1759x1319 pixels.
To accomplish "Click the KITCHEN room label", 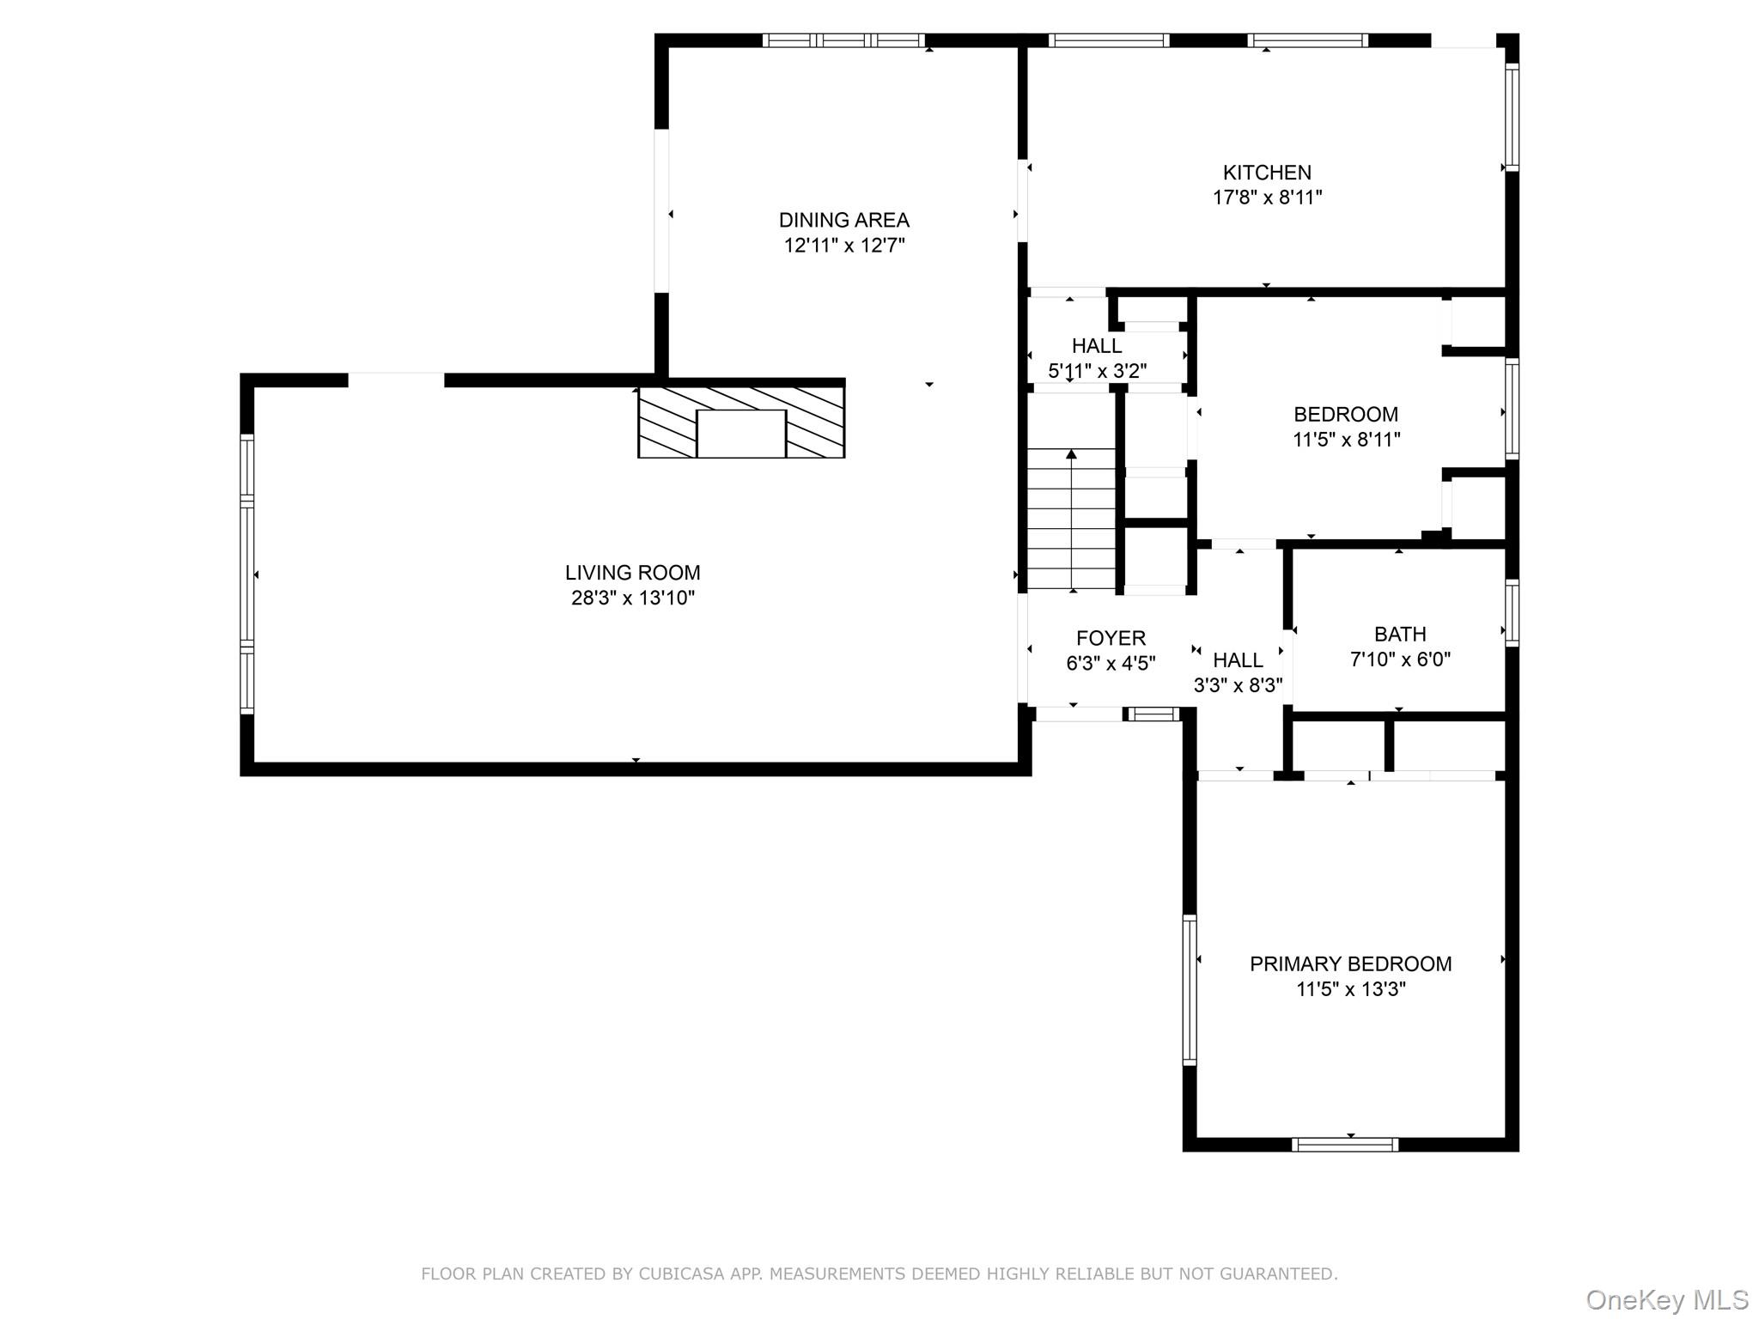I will coord(1266,173).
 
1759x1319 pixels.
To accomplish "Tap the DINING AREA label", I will coord(843,220).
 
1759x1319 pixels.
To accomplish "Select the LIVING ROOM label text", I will coord(632,573).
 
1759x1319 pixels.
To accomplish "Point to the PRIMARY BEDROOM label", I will coord(1350,963).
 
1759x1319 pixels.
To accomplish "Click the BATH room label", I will coord(1399,635).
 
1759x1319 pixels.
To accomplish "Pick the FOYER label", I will coord(1111,638).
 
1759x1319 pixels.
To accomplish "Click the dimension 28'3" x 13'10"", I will coord(632,599).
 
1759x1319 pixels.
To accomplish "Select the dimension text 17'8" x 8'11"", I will coord(1266,198).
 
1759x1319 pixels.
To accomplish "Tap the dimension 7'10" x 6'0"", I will coord(1399,659).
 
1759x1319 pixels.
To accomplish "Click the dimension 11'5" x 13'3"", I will coord(1350,989).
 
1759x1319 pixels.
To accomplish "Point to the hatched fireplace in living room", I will coord(741,422).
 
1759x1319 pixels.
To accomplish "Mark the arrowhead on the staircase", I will coord(1071,453).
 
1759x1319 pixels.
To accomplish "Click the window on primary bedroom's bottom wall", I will coord(1344,1144).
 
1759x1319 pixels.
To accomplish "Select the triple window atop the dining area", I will coord(843,40).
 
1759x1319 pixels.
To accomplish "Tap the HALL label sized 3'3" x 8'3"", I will coord(1238,660).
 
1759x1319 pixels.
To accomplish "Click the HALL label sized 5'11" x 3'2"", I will coord(1096,346).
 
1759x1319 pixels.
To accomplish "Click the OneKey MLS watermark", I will coord(1666,1300).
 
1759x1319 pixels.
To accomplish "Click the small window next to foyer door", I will coord(1153,714).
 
